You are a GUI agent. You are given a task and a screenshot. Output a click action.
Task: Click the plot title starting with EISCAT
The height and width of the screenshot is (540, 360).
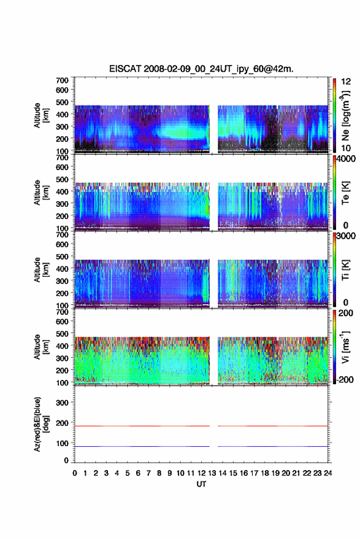click(x=201, y=69)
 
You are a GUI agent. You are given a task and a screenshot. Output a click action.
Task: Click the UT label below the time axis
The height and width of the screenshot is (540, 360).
click(x=201, y=484)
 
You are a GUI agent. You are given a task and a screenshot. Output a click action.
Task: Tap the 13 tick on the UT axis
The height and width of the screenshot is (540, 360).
click(x=212, y=473)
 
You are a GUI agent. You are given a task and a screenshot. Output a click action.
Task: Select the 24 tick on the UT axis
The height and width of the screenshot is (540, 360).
click(x=328, y=473)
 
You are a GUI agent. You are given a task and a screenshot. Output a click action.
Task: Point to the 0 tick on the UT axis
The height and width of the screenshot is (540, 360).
click(x=75, y=473)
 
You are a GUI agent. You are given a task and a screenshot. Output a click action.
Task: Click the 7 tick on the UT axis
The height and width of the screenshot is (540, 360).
click(x=148, y=473)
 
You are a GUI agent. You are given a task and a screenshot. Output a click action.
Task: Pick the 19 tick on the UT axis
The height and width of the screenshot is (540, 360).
click(x=275, y=473)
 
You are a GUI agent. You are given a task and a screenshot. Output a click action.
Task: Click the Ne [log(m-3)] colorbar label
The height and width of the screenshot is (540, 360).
click(x=345, y=116)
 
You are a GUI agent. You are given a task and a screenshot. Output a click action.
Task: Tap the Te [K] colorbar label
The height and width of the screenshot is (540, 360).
click(x=345, y=193)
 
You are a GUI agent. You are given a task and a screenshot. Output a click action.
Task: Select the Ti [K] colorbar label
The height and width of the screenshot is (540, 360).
click(x=345, y=269)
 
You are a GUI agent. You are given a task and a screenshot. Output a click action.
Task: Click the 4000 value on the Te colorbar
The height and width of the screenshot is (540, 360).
click(x=346, y=159)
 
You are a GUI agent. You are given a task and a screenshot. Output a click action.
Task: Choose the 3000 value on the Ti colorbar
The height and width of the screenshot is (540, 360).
click(x=346, y=236)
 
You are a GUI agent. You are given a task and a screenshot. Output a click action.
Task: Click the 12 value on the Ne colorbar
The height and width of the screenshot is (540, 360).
click(x=346, y=82)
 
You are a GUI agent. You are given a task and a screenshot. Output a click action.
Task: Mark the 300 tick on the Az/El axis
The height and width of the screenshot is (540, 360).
click(x=62, y=403)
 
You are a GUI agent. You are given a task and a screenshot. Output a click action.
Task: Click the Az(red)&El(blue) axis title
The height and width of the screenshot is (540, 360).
click(x=40, y=424)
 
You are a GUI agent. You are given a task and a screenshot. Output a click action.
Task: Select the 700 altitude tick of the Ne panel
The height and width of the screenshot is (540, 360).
click(x=62, y=80)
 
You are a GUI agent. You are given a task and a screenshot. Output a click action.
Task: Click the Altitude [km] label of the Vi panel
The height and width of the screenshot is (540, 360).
click(x=40, y=347)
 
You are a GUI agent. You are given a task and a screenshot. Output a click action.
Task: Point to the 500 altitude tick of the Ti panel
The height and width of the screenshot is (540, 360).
click(x=62, y=256)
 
